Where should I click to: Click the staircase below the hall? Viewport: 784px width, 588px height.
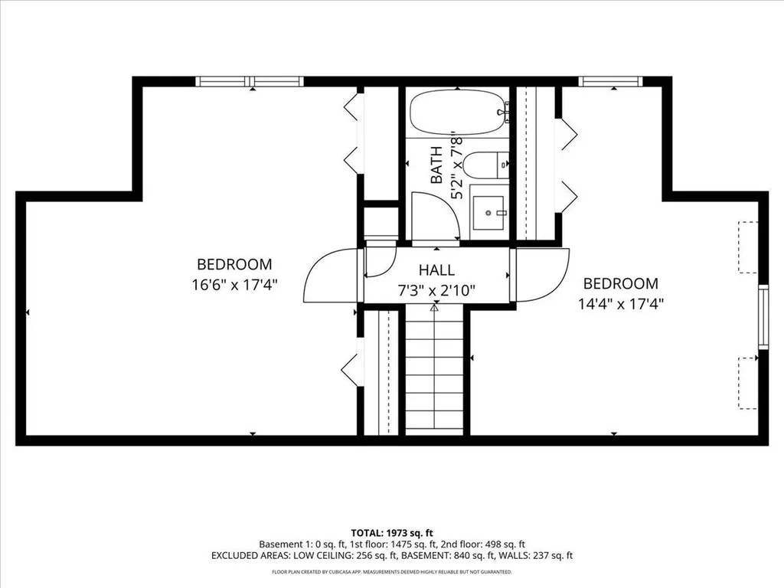(434, 371)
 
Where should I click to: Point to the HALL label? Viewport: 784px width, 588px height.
(436, 269)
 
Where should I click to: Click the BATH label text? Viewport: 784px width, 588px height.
(436, 165)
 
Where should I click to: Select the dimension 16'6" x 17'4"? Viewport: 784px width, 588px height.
(234, 284)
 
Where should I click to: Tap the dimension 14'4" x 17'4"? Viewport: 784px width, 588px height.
(620, 302)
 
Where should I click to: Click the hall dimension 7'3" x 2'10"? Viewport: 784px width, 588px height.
(436, 290)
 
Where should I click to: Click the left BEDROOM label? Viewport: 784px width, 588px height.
(234, 264)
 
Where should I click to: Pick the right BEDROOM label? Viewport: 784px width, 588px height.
(620, 283)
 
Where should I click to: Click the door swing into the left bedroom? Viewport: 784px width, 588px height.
(329, 276)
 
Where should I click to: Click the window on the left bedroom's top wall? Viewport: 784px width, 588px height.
(250, 81)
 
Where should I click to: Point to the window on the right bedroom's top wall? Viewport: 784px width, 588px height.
(609, 81)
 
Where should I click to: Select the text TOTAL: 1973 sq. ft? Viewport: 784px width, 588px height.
(391, 532)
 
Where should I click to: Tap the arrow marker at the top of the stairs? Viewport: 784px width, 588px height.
(434, 309)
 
